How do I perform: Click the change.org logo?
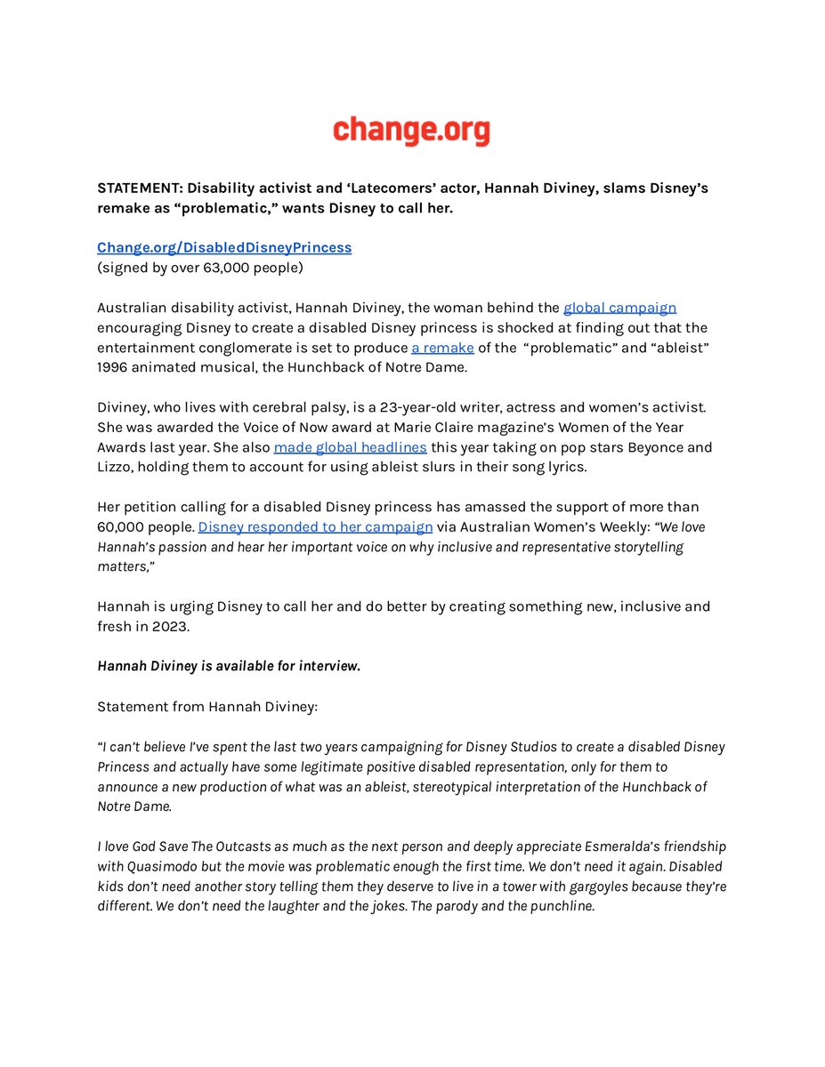(411, 131)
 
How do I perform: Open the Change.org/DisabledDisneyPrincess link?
(224, 247)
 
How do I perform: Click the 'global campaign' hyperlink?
(619, 308)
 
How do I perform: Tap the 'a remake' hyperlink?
(442, 348)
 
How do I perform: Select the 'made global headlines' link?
(350, 447)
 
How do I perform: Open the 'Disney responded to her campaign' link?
(315, 526)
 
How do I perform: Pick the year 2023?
(173, 627)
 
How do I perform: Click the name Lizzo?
(117, 467)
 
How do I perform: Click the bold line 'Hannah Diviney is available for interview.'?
(229, 667)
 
